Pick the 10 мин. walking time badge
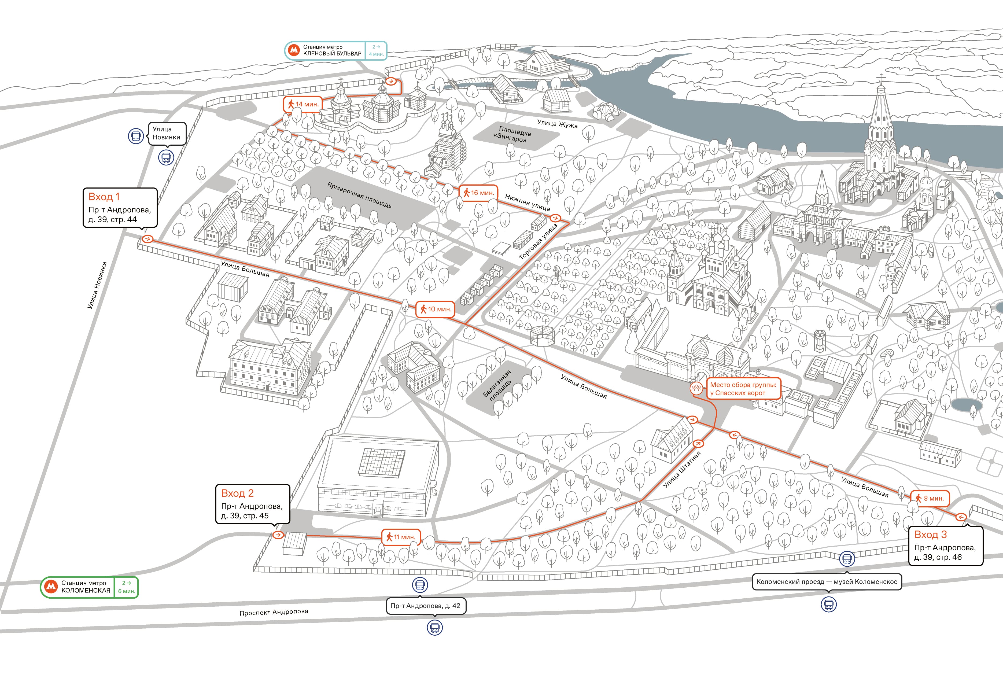435,309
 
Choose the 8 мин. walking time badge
930,498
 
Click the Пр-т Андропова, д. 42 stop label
426,606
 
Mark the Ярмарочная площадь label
360,195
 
